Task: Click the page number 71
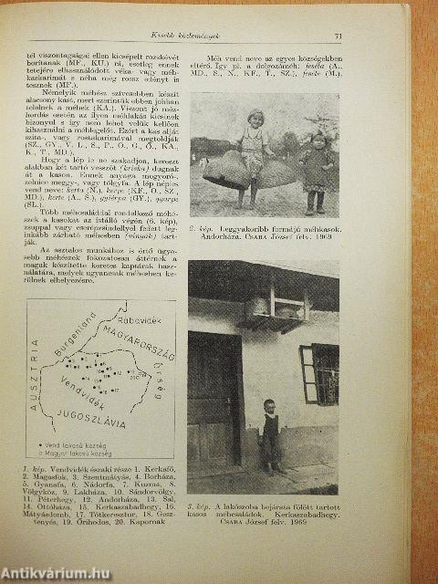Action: [339, 36]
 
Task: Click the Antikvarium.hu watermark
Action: [57, 572]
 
